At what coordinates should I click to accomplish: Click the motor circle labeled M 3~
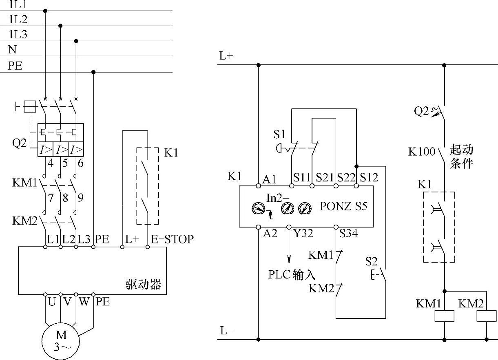pos(61,341)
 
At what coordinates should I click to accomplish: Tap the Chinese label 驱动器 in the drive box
pos(143,284)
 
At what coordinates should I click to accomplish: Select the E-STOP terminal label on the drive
pos(172,239)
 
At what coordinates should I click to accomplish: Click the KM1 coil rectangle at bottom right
pos(444,316)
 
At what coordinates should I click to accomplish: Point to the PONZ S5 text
pos(343,206)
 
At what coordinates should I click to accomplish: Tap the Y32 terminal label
pos(303,234)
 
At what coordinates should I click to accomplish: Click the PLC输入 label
pos(292,274)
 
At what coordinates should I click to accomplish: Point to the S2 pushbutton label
pos(371,261)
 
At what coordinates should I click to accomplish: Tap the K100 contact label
pos(422,152)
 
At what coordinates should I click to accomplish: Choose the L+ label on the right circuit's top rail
pos(226,56)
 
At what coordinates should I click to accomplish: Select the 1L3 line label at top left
pos(18,35)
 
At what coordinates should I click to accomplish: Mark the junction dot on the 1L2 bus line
pos(61,26)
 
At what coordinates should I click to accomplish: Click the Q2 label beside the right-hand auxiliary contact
pos(421,111)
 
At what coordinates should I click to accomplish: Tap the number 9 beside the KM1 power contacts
pos(81,198)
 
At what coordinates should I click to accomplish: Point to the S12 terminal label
pos(369,178)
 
